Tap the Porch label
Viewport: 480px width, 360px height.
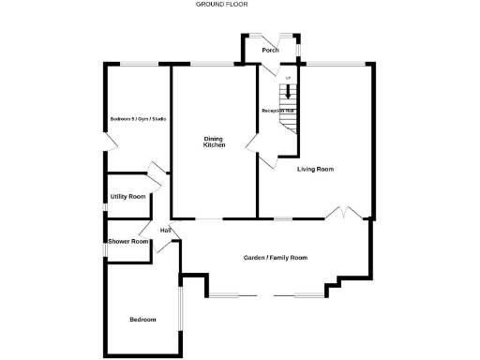(x=270, y=50)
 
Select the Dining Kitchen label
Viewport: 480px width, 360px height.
(x=215, y=142)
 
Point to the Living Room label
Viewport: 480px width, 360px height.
(x=315, y=169)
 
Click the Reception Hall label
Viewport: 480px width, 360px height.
(x=277, y=111)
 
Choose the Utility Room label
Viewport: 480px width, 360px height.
(x=127, y=197)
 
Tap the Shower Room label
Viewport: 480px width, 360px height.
(x=128, y=241)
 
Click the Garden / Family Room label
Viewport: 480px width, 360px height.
(x=276, y=257)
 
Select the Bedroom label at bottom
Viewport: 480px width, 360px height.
(x=142, y=321)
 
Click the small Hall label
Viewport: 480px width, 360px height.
(x=165, y=230)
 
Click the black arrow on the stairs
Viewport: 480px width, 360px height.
(x=288, y=92)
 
